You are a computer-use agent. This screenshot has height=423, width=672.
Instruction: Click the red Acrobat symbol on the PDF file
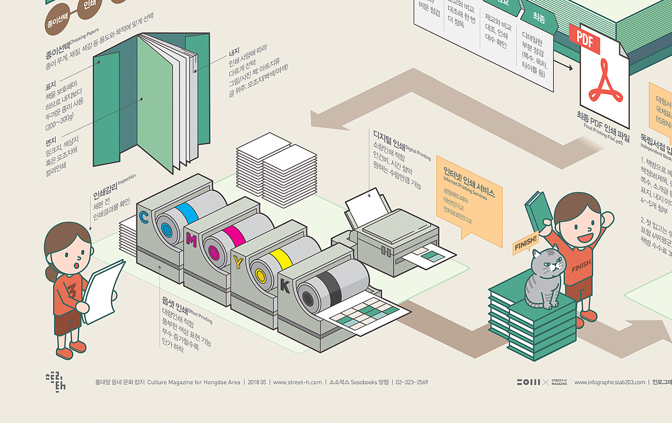click(x=605, y=82)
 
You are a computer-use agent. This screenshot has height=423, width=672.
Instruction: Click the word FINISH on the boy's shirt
click(x=581, y=265)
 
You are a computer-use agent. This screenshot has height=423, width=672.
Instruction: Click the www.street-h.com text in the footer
click(x=297, y=383)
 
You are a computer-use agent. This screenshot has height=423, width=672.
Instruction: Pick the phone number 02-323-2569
click(x=412, y=383)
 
